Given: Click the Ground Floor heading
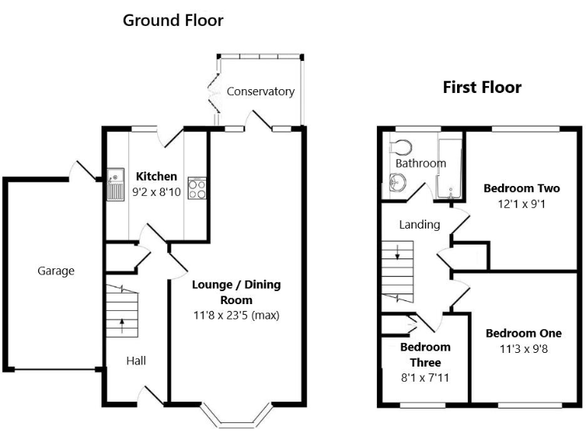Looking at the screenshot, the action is [x=173, y=21].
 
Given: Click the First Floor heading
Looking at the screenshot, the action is [x=482, y=88].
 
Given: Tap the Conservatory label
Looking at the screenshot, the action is [x=260, y=91].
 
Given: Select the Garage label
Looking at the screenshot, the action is [x=56, y=271].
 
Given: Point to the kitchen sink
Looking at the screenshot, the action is [x=115, y=184].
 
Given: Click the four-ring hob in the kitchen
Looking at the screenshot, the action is [x=197, y=187].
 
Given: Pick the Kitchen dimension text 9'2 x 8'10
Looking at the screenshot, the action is [x=156, y=192].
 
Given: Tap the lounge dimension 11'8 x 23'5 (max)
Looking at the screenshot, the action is [x=237, y=316].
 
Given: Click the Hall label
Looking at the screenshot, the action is [x=136, y=360].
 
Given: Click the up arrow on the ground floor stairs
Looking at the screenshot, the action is [x=122, y=325].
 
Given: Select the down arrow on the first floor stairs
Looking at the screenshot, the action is [x=398, y=252].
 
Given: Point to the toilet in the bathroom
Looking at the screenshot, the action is [x=401, y=146].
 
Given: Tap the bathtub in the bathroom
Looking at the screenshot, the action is [x=450, y=169].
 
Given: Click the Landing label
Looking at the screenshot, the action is [x=420, y=225].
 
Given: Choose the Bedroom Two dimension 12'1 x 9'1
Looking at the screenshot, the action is [x=521, y=204].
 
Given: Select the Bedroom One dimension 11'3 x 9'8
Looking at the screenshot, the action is [x=523, y=349].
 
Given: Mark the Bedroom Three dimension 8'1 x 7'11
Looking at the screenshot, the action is [x=425, y=378].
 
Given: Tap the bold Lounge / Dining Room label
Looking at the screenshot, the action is [x=237, y=293].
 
